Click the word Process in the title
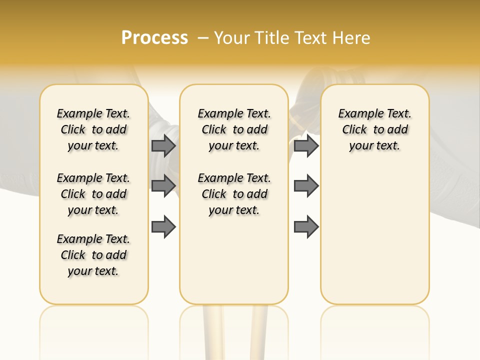tap(154, 38)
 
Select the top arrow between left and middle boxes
tap(163, 145)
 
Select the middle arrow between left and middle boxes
tap(163, 185)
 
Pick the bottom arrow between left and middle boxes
tap(163, 226)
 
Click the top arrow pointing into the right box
tap(306, 145)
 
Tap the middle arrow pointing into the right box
tap(306, 185)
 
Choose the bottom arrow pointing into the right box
tap(306, 226)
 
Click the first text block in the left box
tap(93, 129)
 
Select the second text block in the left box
tap(93, 194)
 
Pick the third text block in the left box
tap(93, 255)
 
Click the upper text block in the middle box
tap(234, 129)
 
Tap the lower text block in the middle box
tap(234, 194)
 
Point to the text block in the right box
tap(374, 129)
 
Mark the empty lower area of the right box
tap(374, 235)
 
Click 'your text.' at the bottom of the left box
tap(93, 271)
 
